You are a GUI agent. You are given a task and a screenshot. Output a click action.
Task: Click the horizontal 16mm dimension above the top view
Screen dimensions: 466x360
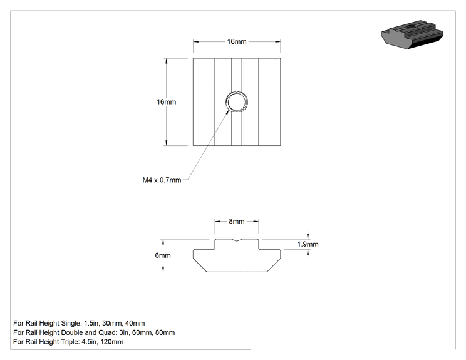coord(237,41)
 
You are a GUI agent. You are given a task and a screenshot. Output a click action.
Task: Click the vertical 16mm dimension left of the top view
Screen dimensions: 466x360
coord(167,102)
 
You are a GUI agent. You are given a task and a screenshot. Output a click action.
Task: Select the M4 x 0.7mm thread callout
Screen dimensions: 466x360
coord(162,180)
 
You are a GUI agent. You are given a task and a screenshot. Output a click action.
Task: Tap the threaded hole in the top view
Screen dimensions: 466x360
coord(237,102)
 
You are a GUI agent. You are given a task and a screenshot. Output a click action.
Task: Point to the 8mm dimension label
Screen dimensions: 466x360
coord(237,221)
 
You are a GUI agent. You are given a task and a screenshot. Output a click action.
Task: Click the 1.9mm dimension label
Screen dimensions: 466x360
coord(308,244)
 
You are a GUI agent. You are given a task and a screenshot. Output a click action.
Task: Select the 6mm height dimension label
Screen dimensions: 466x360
coord(163,255)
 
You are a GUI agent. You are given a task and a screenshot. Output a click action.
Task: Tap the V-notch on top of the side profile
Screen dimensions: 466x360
coord(237,240)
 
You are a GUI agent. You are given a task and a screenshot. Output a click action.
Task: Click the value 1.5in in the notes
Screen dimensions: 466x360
coord(91,323)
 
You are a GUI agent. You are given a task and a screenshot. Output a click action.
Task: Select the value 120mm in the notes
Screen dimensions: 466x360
coord(112,342)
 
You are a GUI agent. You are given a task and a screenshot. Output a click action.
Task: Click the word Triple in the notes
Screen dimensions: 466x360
coord(70,342)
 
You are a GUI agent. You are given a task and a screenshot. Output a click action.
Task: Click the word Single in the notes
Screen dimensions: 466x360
coord(71,324)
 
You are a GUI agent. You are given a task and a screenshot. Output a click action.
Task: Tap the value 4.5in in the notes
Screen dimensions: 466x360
coord(89,342)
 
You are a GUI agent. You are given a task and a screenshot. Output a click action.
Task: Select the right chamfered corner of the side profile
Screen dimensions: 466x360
coord(274,265)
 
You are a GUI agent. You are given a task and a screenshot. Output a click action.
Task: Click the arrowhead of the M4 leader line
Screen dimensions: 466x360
coord(229,111)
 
